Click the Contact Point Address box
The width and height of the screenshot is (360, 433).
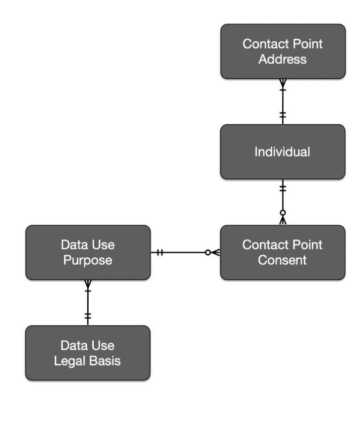[283, 51]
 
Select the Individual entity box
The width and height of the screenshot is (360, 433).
[283, 152]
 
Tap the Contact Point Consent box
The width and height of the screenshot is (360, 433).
[283, 253]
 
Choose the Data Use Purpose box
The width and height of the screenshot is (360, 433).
[88, 253]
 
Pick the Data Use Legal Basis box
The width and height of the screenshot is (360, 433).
[88, 353]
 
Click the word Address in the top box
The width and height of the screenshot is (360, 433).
[283, 60]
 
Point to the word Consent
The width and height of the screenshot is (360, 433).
[283, 261]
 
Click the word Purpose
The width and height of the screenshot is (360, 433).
[88, 261]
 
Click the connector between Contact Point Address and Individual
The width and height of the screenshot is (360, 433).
[283, 101]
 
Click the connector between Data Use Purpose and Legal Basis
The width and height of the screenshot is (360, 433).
[88, 302]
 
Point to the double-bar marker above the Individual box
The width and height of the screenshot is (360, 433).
[283, 115]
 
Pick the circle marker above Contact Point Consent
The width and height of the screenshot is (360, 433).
[283, 213]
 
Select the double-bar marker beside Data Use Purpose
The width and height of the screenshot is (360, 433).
[160, 253]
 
